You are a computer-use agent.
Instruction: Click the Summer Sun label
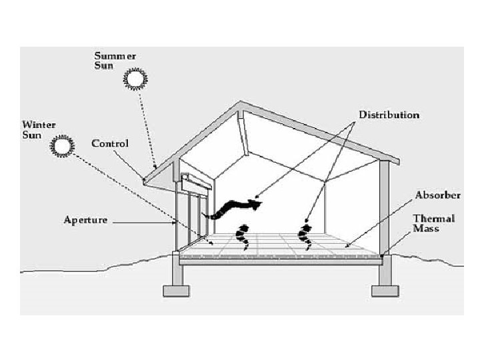tap(115, 61)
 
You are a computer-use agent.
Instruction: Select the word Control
tap(109, 144)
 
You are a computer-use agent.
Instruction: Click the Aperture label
tap(85, 220)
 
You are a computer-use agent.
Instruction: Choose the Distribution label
tap(389, 115)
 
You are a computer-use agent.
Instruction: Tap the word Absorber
tap(437, 195)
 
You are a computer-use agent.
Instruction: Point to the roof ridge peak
tap(241, 103)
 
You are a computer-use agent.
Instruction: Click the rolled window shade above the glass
tap(197, 180)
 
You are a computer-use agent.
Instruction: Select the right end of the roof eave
tap(397, 162)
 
